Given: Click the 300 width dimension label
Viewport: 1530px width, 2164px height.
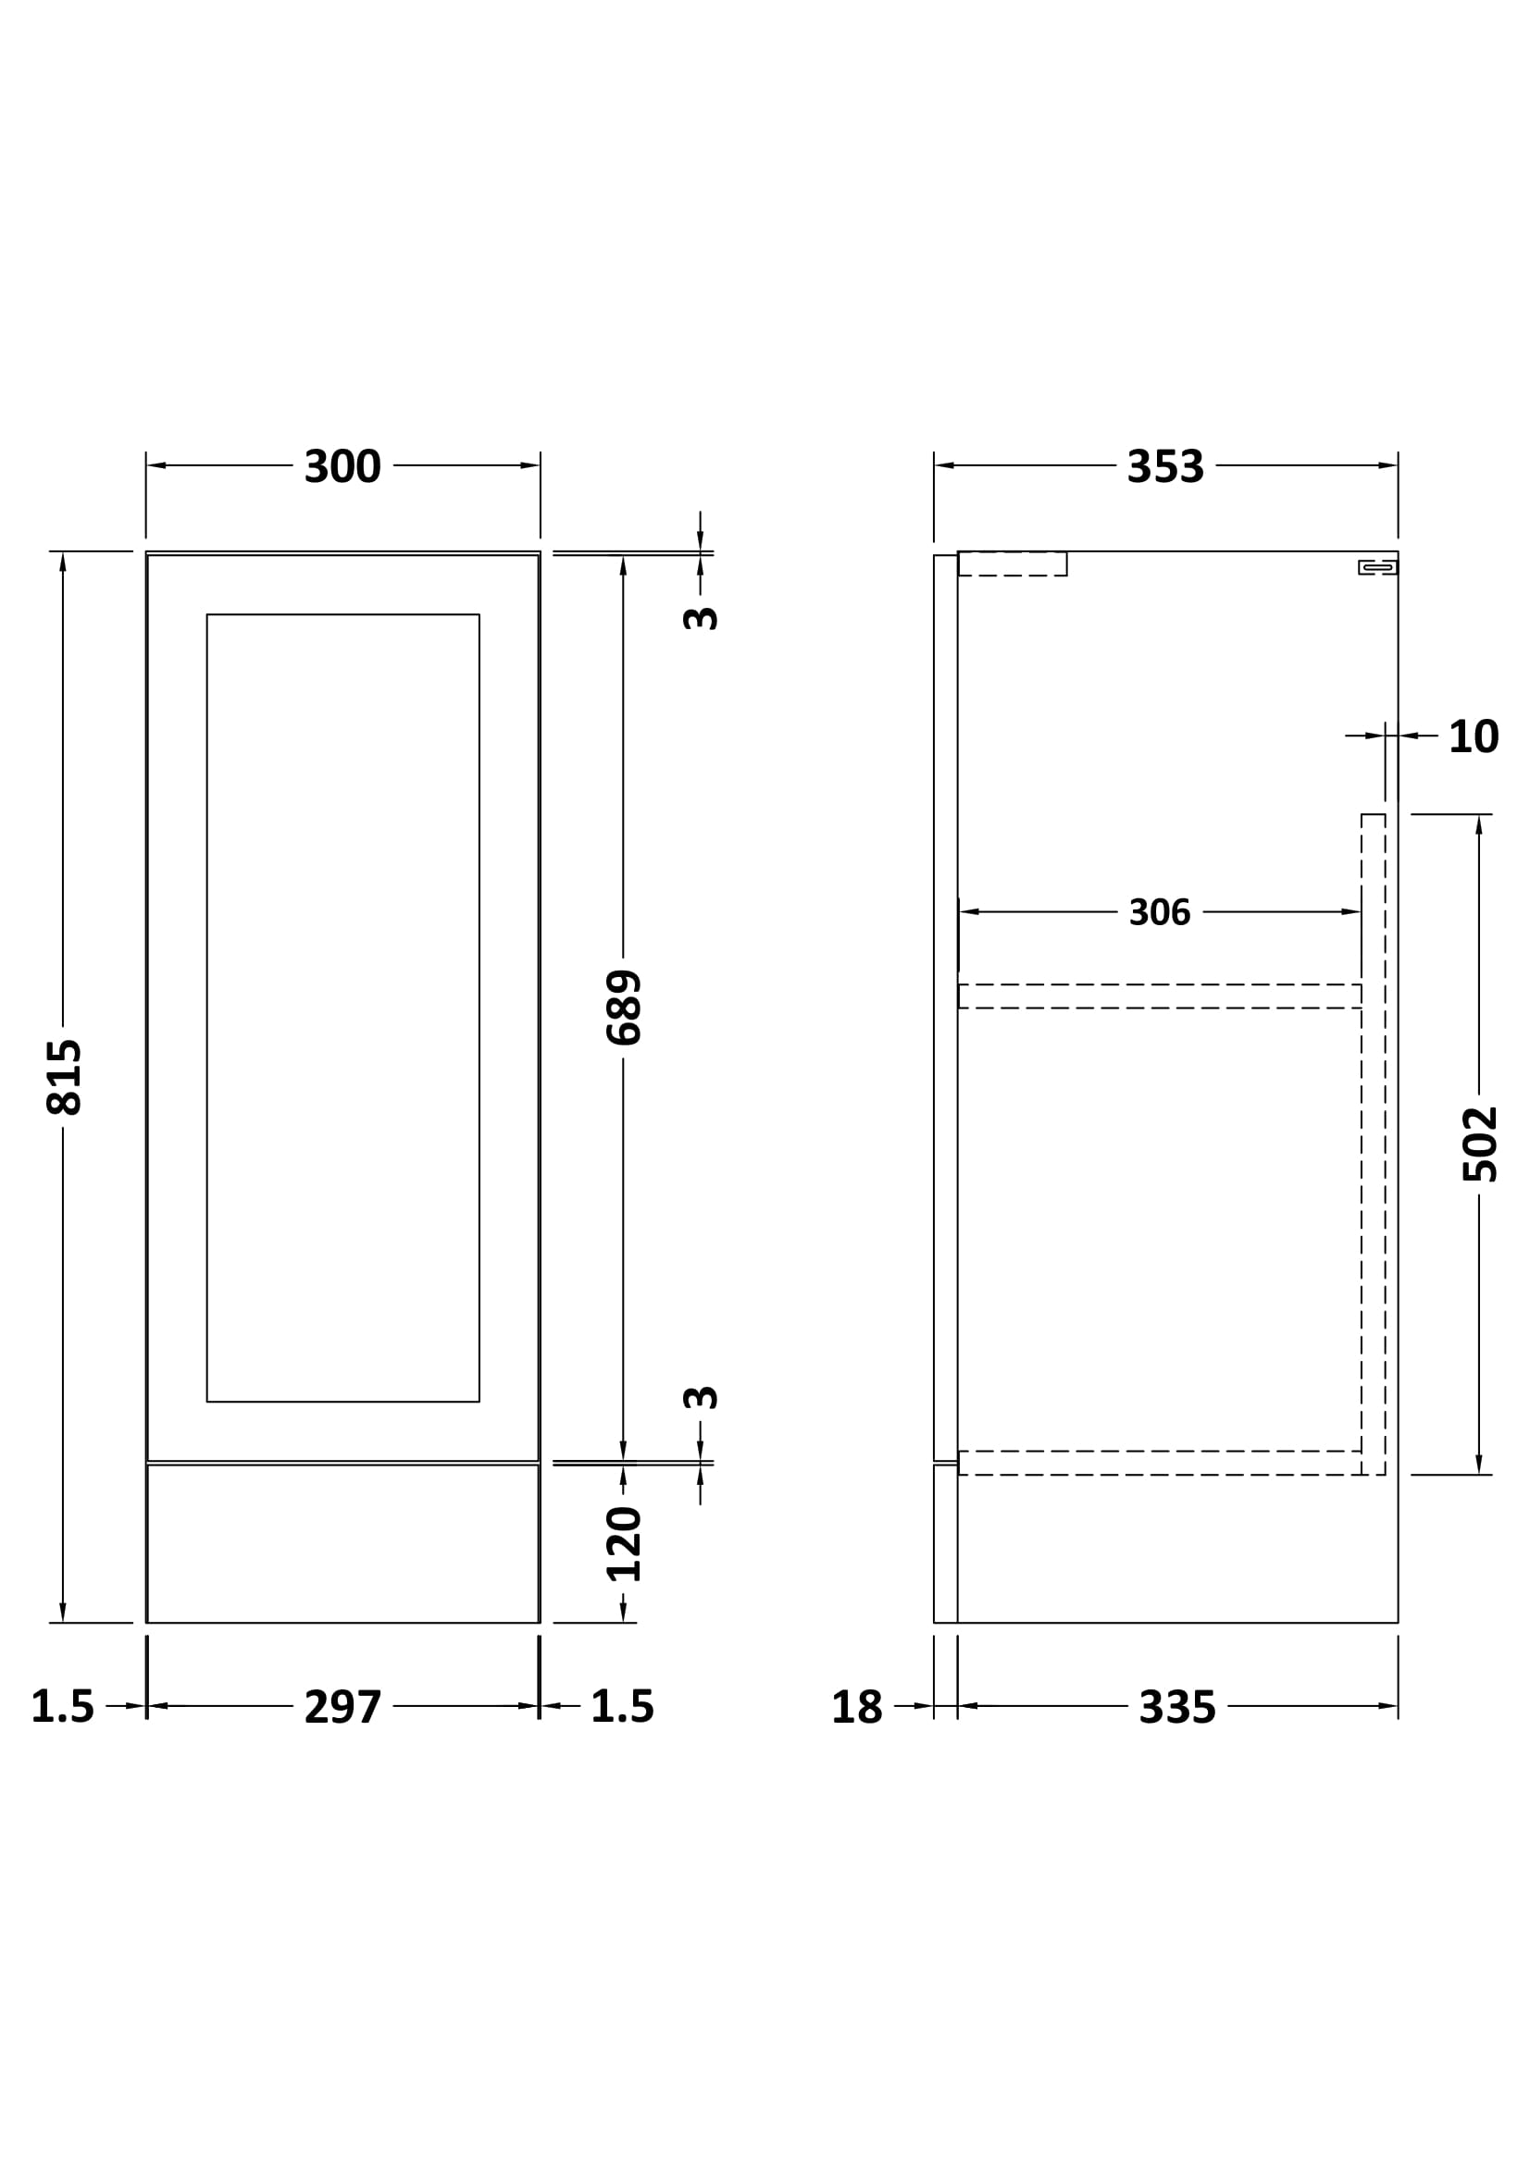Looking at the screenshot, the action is pos(342,466).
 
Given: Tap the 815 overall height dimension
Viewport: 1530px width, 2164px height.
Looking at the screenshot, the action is pos(64,1076).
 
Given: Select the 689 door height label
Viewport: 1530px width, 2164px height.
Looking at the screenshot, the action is pos(623,1008).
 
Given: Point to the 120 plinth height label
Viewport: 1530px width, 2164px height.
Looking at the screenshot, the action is pos(623,1544).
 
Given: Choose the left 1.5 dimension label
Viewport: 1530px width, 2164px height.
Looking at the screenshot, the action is pos(62,1707).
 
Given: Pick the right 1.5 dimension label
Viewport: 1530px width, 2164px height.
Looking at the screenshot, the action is pos(622,1707).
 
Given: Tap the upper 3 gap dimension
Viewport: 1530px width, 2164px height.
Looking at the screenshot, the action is pos(701,618).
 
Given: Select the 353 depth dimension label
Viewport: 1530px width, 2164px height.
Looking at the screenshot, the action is pos(1165,466).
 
